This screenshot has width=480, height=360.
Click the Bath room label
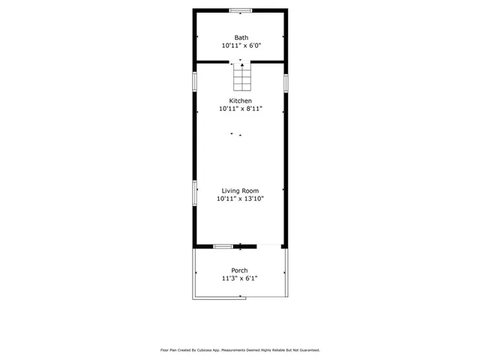point(241,37)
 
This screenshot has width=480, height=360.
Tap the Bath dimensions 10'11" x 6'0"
point(241,46)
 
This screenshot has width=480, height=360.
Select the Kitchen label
point(241,100)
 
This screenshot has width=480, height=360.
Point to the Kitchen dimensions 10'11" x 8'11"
point(241,109)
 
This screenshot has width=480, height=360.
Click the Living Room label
point(241,190)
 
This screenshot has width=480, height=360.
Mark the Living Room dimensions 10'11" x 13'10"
point(241,199)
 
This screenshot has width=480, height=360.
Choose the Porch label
point(240,271)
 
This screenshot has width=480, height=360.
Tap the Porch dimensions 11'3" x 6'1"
point(240,279)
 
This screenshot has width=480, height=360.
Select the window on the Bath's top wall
point(241,10)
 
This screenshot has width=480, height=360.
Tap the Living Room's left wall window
point(195,192)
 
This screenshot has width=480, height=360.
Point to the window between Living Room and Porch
point(223,246)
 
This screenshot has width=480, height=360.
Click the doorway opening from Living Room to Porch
point(269,246)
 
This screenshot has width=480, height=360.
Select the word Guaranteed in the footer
point(307,350)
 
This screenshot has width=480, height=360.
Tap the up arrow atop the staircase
point(241,62)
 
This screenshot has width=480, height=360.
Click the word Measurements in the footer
point(232,350)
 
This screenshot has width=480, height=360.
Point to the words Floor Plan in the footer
point(168,350)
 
